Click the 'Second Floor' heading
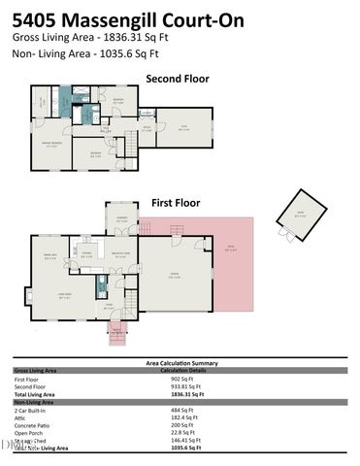178,79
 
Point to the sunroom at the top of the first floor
122,218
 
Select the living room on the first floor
65,297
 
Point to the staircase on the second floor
123,147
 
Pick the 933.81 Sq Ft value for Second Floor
187,386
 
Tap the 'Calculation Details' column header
187,370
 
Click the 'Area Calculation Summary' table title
180,363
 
